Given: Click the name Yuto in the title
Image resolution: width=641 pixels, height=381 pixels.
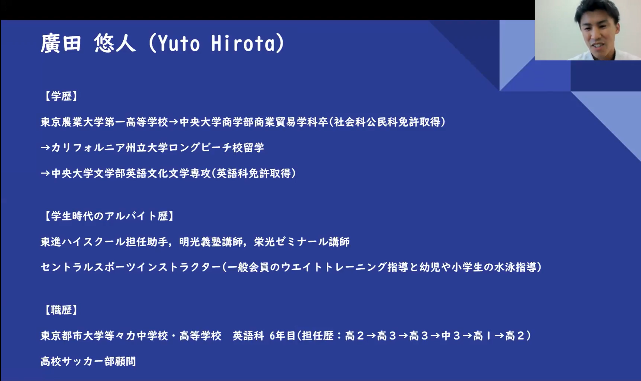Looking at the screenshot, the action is pos(179,43).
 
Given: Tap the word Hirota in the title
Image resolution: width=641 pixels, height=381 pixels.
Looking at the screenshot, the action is pos(243,43).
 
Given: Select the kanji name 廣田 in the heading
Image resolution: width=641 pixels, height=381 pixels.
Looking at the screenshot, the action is pos(61,43).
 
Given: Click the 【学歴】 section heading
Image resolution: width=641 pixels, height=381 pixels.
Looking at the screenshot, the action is pos(61,96).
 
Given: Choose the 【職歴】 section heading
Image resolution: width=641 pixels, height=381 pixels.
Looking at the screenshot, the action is pos(61,310).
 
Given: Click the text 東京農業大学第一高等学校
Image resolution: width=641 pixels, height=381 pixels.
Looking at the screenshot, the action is pos(104,122).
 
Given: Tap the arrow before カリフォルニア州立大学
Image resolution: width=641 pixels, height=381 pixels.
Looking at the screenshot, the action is pos(46,148).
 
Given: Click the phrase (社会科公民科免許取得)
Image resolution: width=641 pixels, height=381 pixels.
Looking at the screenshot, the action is pos(387,122).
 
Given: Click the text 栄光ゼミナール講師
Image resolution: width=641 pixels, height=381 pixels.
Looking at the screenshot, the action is pos(302,242).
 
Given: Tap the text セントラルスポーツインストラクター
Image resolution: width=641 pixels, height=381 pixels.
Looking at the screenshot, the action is pos(131,267).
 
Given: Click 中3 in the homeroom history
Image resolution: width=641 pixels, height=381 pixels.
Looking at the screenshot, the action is pos(451,336).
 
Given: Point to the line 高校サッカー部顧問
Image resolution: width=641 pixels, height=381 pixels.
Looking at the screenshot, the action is pos(88,361).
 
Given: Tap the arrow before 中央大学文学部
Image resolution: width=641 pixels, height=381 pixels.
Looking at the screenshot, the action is pos(46,173).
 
